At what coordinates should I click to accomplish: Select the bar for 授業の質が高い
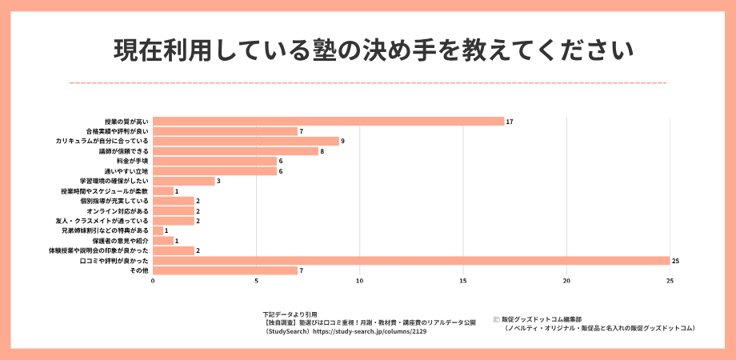click(328, 121)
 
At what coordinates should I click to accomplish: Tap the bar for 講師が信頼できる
click(235, 150)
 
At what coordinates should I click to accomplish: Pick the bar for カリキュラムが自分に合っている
click(246, 141)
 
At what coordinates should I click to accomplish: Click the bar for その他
click(225, 270)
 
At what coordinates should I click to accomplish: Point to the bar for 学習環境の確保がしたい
click(183, 181)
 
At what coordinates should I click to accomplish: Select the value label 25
click(676, 261)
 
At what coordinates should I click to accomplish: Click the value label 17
click(510, 121)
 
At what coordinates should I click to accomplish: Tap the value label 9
click(342, 141)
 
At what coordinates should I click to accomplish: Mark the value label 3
click(218, 181)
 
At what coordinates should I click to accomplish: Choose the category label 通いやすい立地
click(126, 170)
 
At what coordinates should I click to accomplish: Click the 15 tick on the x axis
click(463, 281)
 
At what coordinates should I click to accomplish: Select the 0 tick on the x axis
click(153, 281)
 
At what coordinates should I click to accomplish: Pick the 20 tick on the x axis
click(566, 281)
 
